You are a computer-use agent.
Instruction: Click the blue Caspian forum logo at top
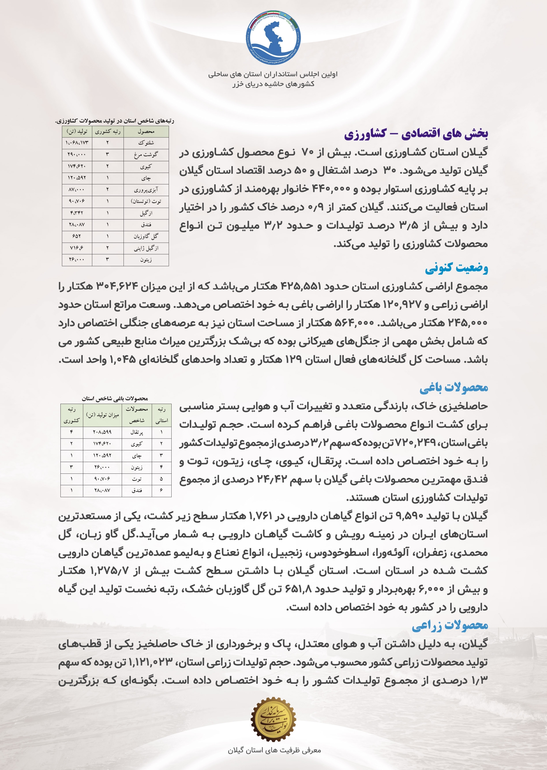(x=273, y=38)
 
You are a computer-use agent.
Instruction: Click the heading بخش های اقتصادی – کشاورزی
(x=416, y=134)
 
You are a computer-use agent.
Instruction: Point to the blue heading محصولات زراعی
(x=450, y=625)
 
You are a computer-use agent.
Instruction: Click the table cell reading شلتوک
(x=146, y=143)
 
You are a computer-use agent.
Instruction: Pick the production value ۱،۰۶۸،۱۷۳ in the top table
(x=77, y=143)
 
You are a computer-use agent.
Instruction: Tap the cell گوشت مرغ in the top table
(x=146, y=155)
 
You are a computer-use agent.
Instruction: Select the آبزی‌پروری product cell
(x=146, y=190)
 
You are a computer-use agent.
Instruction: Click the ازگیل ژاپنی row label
(x=146, y=248)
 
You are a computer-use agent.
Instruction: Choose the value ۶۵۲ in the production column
(x=77, y=236)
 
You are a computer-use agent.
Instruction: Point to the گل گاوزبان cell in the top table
(x=146, y=236)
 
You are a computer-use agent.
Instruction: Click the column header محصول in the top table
(x=146, y=131)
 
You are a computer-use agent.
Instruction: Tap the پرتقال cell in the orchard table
(x=137, y=432)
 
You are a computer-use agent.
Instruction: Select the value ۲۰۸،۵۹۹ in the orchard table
(x=102, y=432)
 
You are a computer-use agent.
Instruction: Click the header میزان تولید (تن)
(x=102, y=415)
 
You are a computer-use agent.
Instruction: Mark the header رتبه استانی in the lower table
(x=162, y=415)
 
